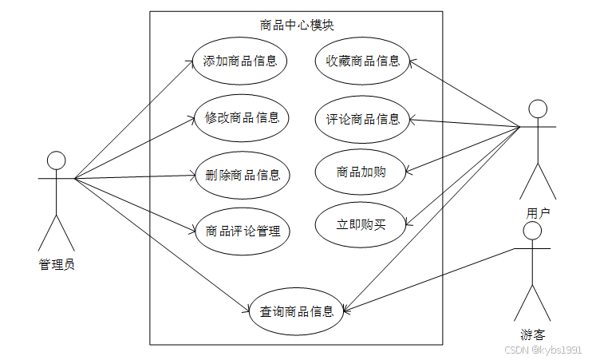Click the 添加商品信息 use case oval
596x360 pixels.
240,61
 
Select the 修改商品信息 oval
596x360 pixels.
242,117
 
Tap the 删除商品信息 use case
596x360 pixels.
242,175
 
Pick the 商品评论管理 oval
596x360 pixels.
243,231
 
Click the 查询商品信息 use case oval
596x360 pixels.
297,311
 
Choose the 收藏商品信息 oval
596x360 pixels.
362,61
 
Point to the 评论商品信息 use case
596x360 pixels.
362,120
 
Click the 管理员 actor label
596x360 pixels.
57,263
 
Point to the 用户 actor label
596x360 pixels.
538,213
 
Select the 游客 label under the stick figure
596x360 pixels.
532,334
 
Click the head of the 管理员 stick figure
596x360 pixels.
56,160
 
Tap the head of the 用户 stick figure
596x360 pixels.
538,109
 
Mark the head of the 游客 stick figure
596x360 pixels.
532,230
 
